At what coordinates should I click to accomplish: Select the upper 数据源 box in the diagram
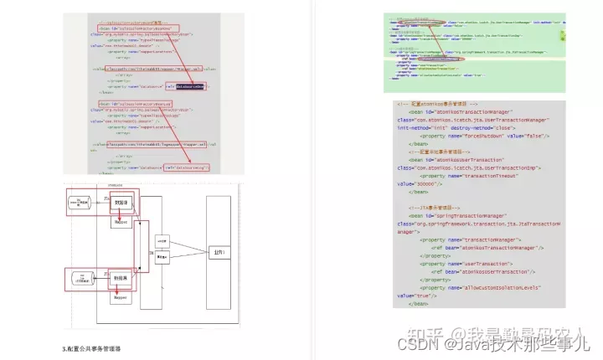(x=121, y=203)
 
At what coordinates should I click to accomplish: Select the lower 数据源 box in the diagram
(x=121, y=276)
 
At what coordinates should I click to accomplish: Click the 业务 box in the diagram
(x=219, y=250)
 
